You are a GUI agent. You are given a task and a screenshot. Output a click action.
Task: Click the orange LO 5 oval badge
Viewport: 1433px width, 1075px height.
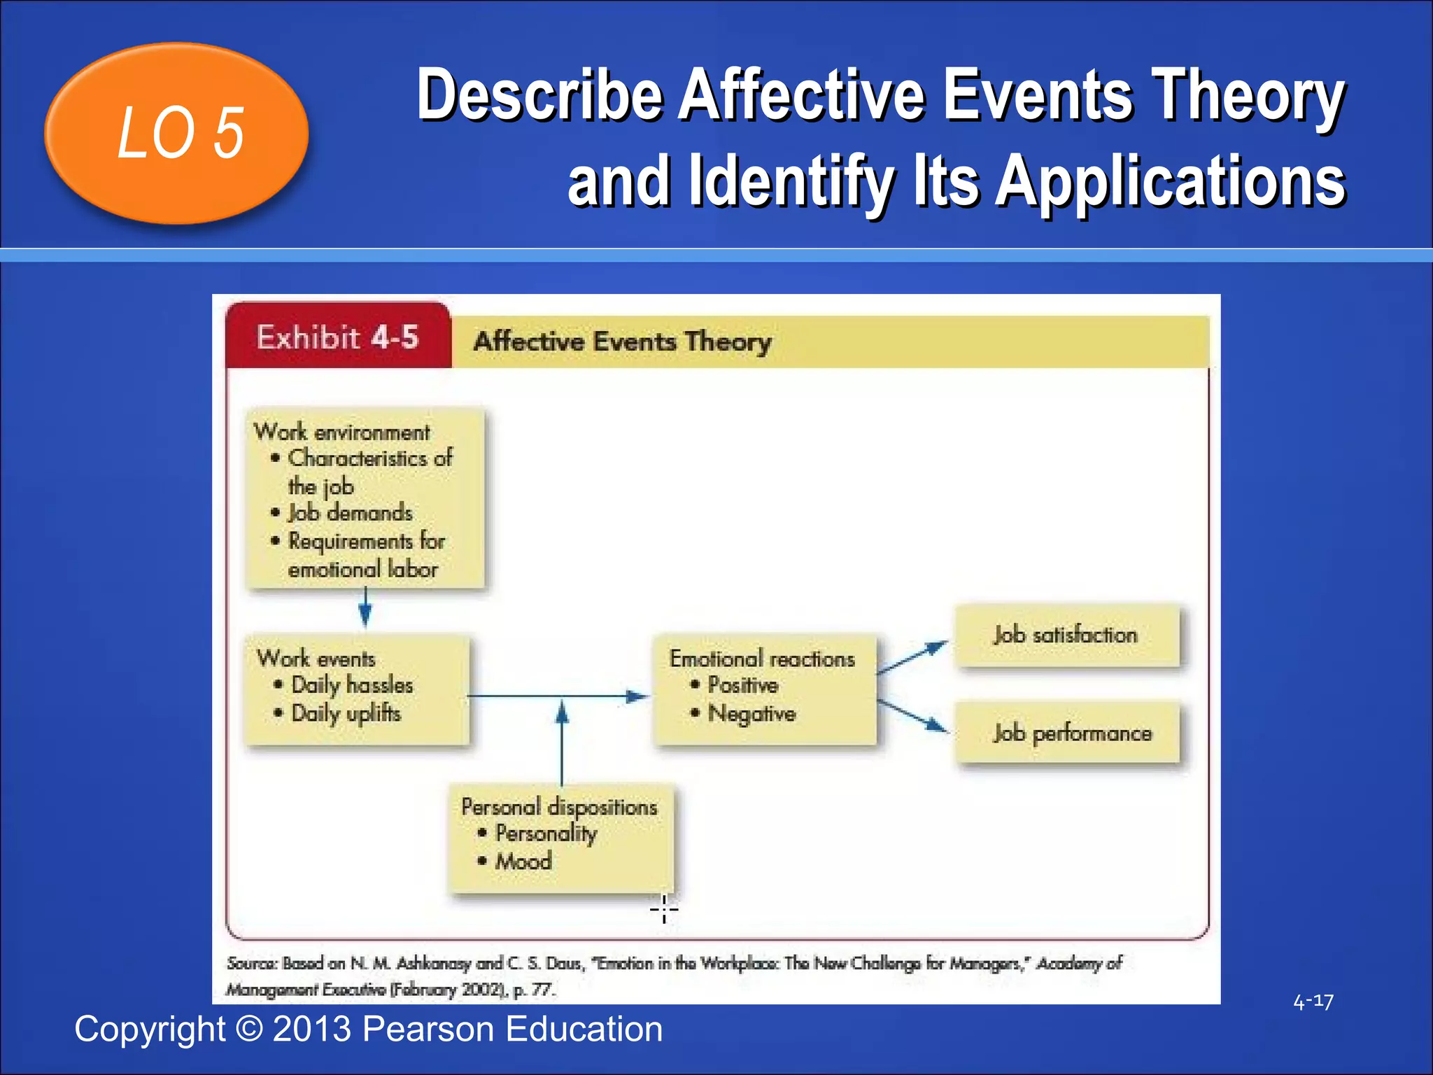176,133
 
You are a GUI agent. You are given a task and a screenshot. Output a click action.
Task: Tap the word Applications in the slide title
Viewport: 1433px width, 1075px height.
1170,182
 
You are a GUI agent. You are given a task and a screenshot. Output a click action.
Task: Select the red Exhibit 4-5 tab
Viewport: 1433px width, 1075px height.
338,337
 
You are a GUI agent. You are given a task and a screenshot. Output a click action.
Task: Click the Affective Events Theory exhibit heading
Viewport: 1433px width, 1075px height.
622,342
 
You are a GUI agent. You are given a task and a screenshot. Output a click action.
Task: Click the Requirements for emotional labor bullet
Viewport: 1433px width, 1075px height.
365,555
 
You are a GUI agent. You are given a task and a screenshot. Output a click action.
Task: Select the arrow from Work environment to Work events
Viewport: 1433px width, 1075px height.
365,606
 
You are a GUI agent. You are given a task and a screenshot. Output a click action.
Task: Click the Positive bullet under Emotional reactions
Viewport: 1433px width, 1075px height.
742,684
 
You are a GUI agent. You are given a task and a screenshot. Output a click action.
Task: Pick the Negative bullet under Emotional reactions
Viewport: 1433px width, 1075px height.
751,714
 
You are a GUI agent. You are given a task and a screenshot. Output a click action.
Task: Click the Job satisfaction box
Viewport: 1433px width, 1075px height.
1066,635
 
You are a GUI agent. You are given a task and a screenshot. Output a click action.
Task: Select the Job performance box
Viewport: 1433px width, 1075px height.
1071,733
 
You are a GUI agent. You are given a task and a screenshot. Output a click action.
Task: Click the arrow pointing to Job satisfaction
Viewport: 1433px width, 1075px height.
912,657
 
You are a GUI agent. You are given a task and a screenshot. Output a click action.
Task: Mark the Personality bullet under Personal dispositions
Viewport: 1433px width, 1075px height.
545,834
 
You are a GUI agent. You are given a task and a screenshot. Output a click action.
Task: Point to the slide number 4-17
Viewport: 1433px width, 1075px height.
1313,1002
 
